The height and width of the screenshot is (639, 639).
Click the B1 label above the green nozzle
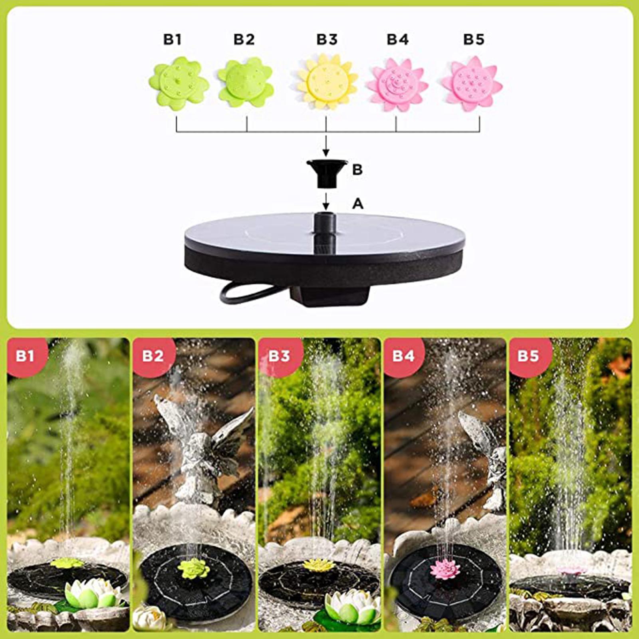(x=173, y=40)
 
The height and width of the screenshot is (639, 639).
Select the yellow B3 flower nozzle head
(x=327, y=82)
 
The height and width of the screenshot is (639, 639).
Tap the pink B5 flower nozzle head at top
(x=472, y=84)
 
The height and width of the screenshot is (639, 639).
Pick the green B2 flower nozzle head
(x=246, y=83)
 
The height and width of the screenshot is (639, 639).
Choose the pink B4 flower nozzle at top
(x=397, y=84)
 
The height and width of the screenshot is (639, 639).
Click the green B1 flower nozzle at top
(x=179, y=83)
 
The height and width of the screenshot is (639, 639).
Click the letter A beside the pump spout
(x=357, y=204)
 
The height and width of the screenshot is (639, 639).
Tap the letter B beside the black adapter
(x=357, y=170)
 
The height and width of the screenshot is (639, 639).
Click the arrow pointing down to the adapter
(x=326, y=146)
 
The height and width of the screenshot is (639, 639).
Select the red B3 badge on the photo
(x=279, y=355)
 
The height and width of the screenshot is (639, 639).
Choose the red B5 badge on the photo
(x=530, y=355)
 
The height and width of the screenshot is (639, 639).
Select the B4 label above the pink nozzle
(x=398, y=40)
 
